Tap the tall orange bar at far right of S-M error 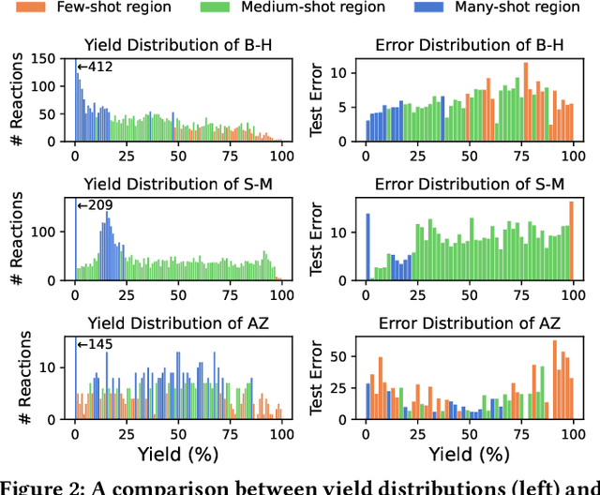pos(571,241)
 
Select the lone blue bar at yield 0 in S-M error pos(367,247)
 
